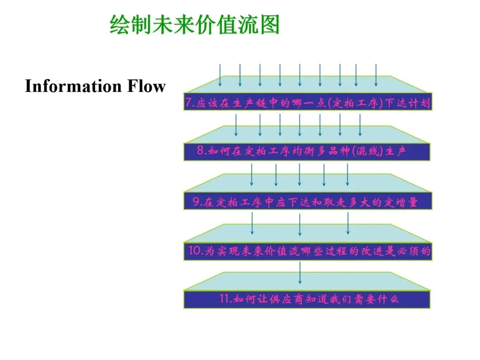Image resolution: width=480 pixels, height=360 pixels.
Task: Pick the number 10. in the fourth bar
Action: tap(194, 252)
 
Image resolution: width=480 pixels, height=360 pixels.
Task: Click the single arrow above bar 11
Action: tap(300, 273)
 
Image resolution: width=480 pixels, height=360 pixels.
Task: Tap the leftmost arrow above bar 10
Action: tap(252, 223)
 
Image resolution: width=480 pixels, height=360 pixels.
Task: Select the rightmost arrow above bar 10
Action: tap(348, 223)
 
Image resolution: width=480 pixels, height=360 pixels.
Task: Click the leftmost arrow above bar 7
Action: tap(220, 75)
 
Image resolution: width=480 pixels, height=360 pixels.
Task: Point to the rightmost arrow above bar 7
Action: tap(376, 75)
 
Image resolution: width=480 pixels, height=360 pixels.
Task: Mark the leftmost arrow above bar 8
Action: tap(236, 124)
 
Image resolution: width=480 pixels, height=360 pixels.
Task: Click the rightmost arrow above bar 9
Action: tap(348, 174)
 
